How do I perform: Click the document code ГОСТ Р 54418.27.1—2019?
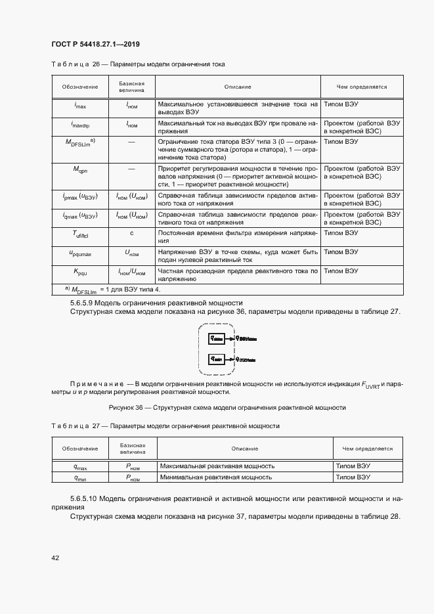[x=96, y=45]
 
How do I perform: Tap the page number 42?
[x=56, y=558]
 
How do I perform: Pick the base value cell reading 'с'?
[x=131, y=232]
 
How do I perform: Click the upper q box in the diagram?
[x=217, y=338]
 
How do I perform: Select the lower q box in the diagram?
[x=217, y=359]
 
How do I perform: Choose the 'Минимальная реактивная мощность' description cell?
[x=217, y=477]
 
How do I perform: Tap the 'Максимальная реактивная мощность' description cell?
[x=217, y=466]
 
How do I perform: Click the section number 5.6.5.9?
[x=85, y=303]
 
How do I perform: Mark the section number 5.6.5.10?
[x=87, y=500]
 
